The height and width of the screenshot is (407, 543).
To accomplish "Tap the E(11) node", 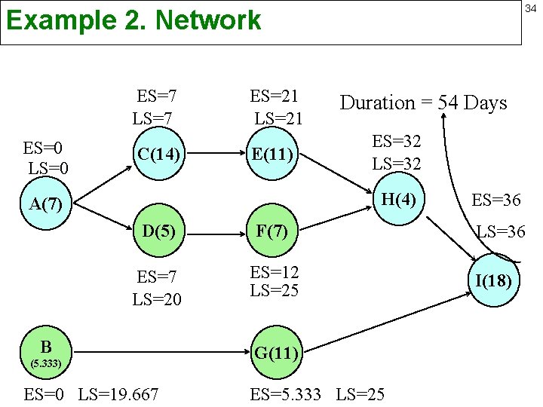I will (273, 155).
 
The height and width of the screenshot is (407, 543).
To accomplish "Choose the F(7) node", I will (272, 230).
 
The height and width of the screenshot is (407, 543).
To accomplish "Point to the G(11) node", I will (278, 351).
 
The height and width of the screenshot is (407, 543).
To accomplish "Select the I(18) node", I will (493, 281).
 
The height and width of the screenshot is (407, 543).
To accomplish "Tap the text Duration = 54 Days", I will (424, 103).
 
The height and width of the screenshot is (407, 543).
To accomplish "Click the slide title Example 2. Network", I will (133, 20).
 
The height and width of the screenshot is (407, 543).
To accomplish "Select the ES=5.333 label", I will (287, 393).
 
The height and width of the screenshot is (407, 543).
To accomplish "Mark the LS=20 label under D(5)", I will (157, 299).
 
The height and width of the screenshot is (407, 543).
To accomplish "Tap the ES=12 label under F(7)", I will (275, 272).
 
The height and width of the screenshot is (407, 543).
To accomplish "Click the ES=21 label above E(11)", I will (275, 96).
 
